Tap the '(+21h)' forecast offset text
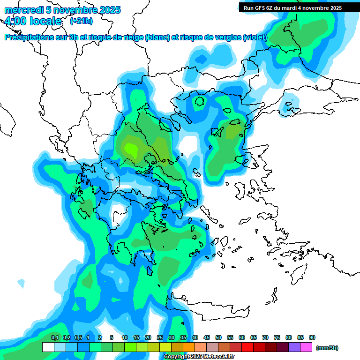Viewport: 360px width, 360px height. pyautogui.click(x=81, y=21)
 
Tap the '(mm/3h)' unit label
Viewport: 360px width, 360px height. pyautogui.click(x=327, y=348)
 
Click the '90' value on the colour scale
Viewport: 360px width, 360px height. pyautogui.click(x=312, y=338)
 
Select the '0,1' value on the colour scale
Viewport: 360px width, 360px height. pyautogui.click(x=54, y=338)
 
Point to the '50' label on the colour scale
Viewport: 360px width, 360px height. pyautogui.click(x=218, y=338)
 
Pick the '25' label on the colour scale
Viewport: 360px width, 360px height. pyautogui.click(x=160, y=338)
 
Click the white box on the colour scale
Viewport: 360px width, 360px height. pyautogui.click(x=48, y=347)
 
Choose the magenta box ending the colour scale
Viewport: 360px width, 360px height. pyautogui.click(x=306, y=347)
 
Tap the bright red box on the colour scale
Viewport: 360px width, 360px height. pyautogui.click(x=247, y=347)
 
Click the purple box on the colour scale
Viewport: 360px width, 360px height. pyautogui.click(x=294, y=347)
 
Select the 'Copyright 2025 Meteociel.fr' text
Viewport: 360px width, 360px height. pyautogui.click(x=199, y=357)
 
